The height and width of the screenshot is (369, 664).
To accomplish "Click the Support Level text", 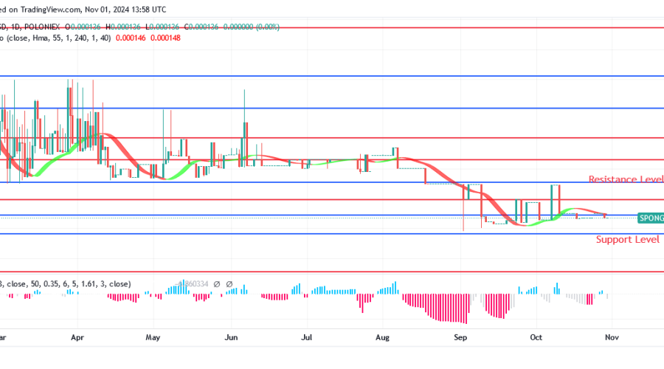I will (x=627, y=240).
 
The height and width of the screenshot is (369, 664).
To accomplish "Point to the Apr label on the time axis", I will (x=77, y=337).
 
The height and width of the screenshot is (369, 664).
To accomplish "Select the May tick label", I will (x=153, y=337).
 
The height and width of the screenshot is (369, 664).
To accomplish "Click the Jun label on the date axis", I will (x=231, y=337).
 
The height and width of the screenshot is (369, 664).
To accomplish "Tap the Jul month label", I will (x=308, y=337).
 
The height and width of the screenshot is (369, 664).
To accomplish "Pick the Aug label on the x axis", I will (x=382, y=337).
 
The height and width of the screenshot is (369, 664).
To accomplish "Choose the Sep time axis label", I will (x=461, y=337).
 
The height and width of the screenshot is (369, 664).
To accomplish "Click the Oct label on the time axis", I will (x=536, y=337).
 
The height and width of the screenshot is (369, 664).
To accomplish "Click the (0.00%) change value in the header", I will (x=263, y=27).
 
